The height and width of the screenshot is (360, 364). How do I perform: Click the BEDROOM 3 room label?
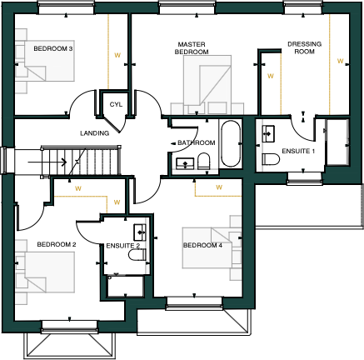pos(53,49)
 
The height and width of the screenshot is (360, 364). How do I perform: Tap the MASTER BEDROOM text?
pos(191,47)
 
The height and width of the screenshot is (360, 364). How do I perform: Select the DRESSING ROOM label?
pos(304,47)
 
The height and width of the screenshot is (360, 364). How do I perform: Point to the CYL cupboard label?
pos(116,104)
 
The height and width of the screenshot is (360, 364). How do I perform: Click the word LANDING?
pos(94,133)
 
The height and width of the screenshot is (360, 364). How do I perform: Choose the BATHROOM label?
pos(197,143)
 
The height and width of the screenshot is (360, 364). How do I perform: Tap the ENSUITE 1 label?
pos(299,151)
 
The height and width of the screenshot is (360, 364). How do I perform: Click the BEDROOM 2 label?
pos(57,244)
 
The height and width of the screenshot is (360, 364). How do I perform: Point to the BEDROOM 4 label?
pos(202,245)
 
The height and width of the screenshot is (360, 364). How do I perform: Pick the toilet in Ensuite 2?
pos(139,253)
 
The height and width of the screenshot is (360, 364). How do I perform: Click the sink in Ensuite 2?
pos(139,231)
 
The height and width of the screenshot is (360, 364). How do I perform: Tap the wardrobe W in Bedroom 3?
pos(117,57)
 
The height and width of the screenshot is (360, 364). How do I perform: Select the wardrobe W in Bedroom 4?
pos(218,187)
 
